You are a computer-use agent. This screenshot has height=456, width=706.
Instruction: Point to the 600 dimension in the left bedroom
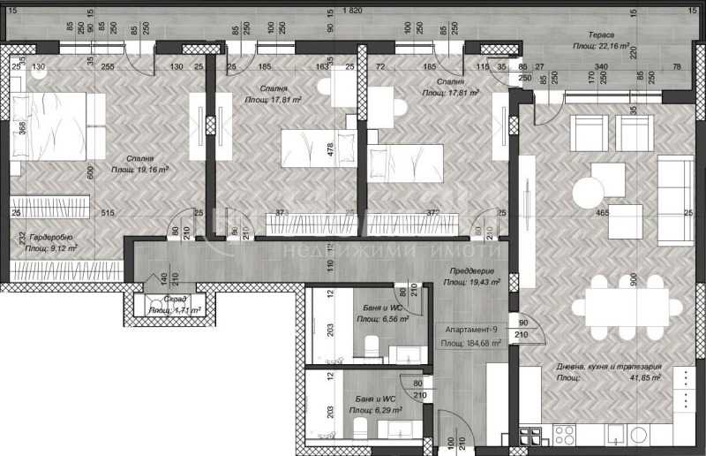(91, 172)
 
